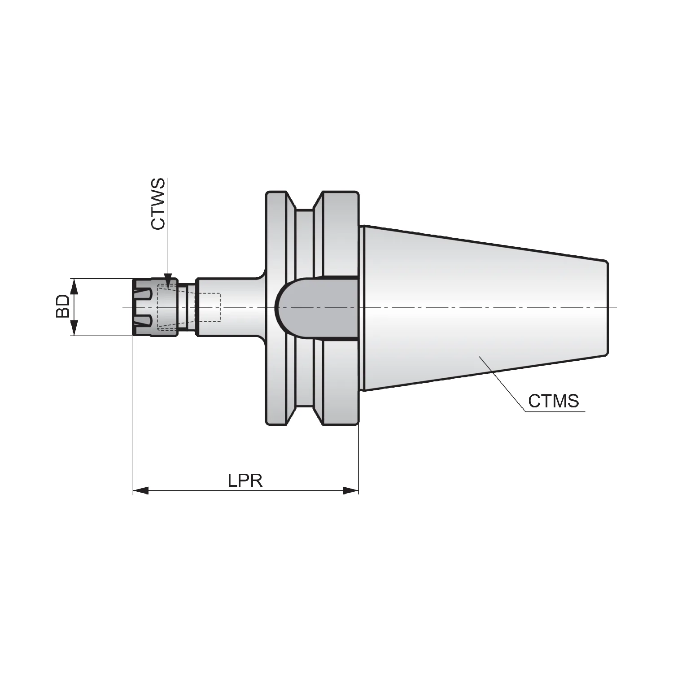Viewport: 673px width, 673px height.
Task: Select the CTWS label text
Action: [157, 204]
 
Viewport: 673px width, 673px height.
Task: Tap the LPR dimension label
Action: [245, 481]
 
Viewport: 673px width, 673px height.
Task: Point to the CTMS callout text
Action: [553, 401]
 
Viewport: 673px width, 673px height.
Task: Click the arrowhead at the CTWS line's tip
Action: [167, 279]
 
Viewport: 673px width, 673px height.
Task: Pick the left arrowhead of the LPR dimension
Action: [140, 491]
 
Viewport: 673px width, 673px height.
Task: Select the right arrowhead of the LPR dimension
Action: [351, 491]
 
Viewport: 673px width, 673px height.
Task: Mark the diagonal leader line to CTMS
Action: [502, 384]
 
